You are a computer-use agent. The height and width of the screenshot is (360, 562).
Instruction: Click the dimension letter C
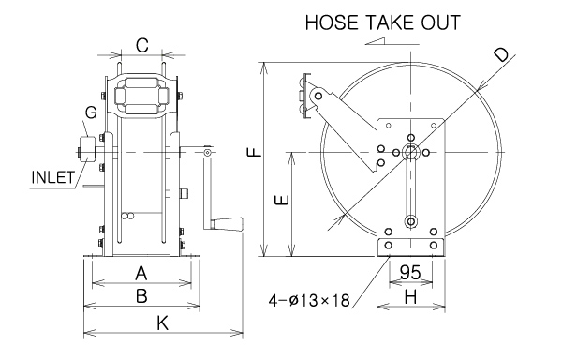coord(142,46)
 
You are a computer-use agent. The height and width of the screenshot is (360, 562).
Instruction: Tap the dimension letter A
coord(141,274)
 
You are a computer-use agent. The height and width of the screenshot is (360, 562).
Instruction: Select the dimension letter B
coord(141,296)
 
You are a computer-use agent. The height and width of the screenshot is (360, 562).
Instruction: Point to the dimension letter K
coord(162,323)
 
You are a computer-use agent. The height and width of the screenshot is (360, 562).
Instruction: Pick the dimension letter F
coord(255,152)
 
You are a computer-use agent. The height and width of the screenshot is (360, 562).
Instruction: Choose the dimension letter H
coord(411,297)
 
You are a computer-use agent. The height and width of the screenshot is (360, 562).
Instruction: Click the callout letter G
coord(91,112)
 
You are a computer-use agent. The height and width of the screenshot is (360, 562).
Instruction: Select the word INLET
coord(53,177)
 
